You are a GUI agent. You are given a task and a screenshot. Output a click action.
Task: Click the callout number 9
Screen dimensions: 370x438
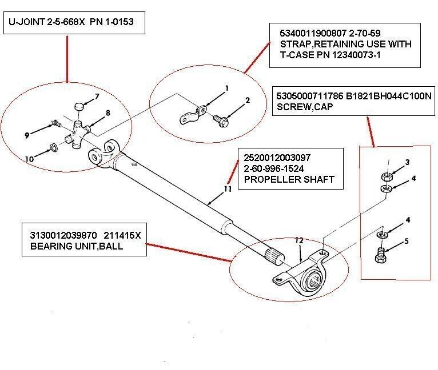tap(26, 135)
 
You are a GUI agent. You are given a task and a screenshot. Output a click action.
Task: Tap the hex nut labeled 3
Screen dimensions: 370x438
tap(385, 175)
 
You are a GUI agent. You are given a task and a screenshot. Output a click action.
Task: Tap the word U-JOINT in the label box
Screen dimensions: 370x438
tap(25, 23)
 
